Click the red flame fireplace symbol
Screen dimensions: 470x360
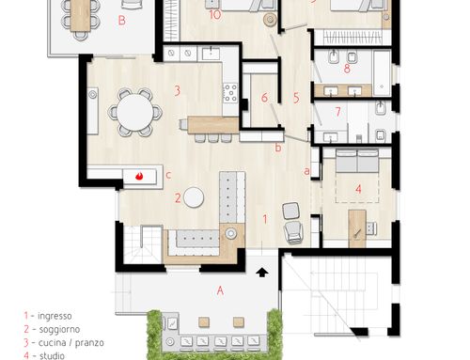[x=139, y=177]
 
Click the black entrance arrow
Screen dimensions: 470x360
[x=262, y=273]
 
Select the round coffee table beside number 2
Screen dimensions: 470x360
[x=194, y=197]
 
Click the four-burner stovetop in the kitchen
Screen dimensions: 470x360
[x=230, y=93]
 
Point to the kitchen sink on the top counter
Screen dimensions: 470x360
[x=211, y=54]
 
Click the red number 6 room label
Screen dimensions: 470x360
[x=264, y=98]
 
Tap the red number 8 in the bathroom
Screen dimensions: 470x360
[x=347, y=69]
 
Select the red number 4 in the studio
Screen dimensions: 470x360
[x=358, y=189]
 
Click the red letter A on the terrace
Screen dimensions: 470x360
[x=220, y=290]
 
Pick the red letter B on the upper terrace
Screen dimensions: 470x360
[x=122, y=21]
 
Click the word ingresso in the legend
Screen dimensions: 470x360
[x=55, y=316]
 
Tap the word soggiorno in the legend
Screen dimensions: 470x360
[x=59, y=329]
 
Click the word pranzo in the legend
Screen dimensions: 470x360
[x=89, y=343]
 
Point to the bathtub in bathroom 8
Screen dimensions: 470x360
[x=382, y=72]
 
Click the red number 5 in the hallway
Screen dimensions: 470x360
[x=296, y=98]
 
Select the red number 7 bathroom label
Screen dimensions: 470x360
[x=337, y=112]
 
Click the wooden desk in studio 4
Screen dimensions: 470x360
[x=357, y=228]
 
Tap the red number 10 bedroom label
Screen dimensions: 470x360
[x=215, y=15]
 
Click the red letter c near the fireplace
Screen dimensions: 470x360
[x=168, y=175]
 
